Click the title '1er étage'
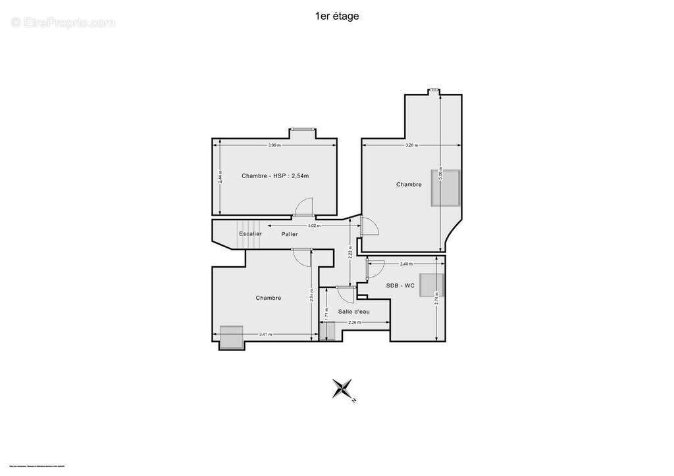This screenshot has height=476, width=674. point(337,16)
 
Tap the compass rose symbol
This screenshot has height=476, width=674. point(343,389)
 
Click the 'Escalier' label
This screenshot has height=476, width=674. point(250,234)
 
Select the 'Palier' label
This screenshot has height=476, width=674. point(290,234)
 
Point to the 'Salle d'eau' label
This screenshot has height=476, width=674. point(354,311)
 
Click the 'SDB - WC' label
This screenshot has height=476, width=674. point(400,285)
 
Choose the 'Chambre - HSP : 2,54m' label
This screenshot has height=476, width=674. point(275,176)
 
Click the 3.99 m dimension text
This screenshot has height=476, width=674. point(274,145)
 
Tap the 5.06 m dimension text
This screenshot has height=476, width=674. point(441,175)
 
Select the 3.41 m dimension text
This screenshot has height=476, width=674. point(265,335)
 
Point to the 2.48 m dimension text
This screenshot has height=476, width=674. point(406,264)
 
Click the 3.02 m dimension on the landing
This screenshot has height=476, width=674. point(314,226)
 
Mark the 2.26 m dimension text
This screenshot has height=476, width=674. point(355,322)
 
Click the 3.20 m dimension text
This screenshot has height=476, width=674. point(410,145)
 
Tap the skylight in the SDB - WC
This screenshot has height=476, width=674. point(432,285)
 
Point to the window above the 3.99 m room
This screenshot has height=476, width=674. point(303,129)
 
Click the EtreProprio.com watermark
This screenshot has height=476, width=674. point(63,22)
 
